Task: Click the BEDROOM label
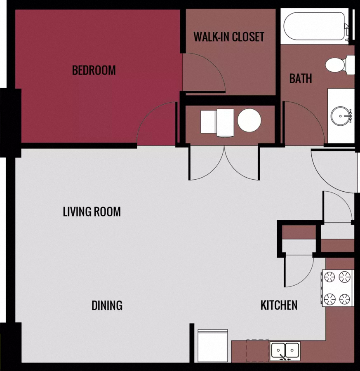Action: [94, 70]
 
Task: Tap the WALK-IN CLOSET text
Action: [229, 37]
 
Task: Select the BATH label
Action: [301, 78]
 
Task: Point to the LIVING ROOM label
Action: [92, 212]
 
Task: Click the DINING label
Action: [107, 305]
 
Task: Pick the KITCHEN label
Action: [279, 305]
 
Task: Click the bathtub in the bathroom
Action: [314, 26]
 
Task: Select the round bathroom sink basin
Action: [341, 116]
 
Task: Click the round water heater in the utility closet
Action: [249, 121]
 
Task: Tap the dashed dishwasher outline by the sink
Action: [258, 350]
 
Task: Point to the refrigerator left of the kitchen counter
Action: [213, 345]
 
